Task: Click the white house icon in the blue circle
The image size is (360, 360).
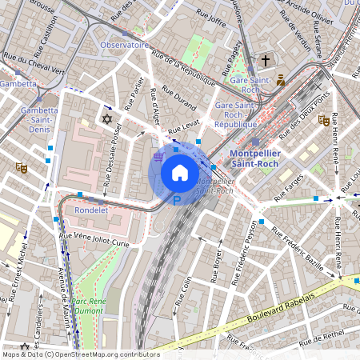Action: tap(180, 172)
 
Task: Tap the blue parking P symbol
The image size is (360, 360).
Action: tap(177, 202)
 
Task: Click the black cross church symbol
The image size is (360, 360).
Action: tap(266, 61)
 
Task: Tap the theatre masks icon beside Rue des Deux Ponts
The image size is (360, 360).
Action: tap(322, 120)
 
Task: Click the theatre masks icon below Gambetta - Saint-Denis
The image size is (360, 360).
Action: tap(21, 167)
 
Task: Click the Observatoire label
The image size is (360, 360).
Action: tap(124, 46)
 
